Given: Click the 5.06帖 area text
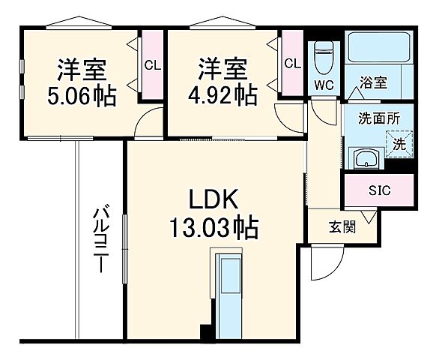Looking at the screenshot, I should pyautogui.click(x=82, y=96).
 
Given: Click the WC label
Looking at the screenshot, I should pyautogui.click(x=324, y=84).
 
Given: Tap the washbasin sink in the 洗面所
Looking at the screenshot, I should pyautogui.click(x=366, y=160).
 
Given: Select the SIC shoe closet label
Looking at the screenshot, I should pyautogui.click(x=378, y=190).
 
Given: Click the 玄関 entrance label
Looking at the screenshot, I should pyautogui.click(x=342, y=227).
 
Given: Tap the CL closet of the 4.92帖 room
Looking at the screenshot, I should pyautogui.click(x=292, y=64).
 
